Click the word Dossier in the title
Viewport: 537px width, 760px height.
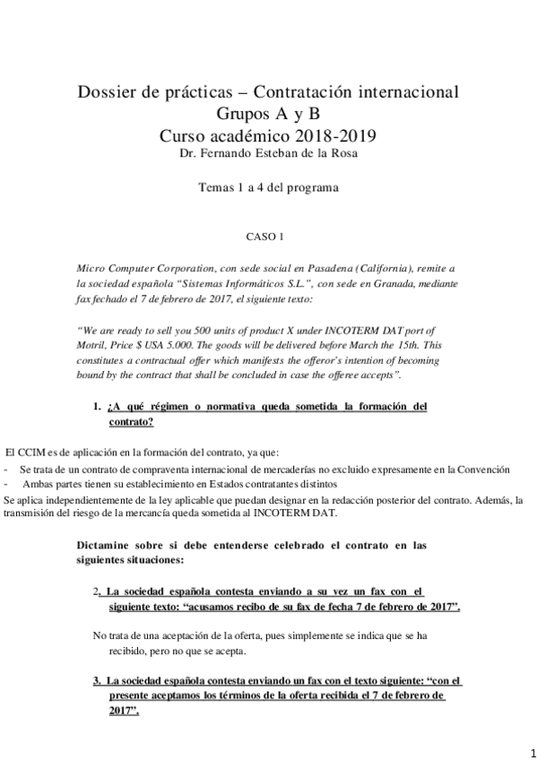(108, 92)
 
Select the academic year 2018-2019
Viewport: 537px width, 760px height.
(332, 136)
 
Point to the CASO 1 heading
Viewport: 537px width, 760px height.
(264, 237)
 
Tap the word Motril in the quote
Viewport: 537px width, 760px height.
(94, 344)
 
